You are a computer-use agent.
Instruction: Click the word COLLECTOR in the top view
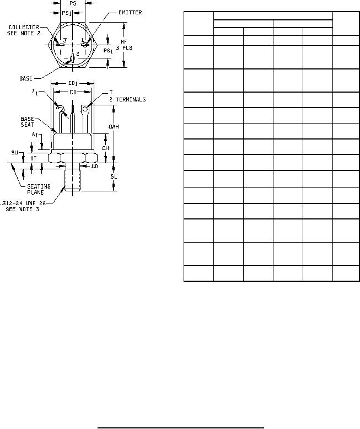[24, 26]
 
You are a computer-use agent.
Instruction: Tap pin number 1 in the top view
[82, 40]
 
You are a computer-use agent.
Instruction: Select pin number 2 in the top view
[78, 53]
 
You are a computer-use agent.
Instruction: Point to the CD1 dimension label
[73, 83]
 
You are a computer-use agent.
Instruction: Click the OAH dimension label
[114, 127]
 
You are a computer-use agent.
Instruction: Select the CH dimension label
[105, 148]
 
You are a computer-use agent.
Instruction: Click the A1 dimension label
[34, 134]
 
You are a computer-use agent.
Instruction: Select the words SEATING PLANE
[39, 189]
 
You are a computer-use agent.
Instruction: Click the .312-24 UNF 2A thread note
[22, 203]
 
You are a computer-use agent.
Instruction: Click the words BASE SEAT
[28, 122]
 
